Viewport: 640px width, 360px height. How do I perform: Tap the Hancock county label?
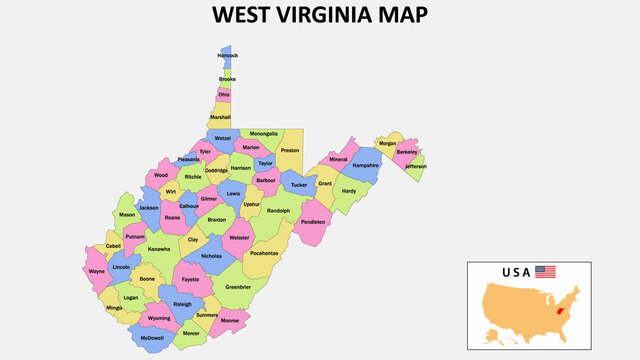point(228,56)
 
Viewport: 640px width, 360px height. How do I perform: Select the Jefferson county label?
point(415,166)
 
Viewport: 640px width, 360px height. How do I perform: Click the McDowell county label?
point(152,338)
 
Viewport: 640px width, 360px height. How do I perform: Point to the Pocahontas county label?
point(264,254)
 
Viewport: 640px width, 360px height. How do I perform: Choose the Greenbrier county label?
point(238,287)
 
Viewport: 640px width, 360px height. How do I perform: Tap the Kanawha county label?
point(159,249)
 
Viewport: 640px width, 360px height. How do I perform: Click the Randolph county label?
point(278,211)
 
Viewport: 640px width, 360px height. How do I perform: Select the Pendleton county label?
point(313,222)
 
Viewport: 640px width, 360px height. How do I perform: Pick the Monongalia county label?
point(264,133)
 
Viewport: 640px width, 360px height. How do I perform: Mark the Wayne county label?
point(97,271)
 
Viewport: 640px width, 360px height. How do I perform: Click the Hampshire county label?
point(366,165)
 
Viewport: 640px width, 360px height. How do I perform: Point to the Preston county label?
point(290,151)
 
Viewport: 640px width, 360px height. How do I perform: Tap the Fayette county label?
point(190,279)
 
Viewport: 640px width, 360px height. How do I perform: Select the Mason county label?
point(127,214)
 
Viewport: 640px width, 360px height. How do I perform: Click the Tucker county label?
point(298,184)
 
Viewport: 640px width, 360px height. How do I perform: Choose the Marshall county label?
point(220,117)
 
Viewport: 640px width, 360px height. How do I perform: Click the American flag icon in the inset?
point(545,271)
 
